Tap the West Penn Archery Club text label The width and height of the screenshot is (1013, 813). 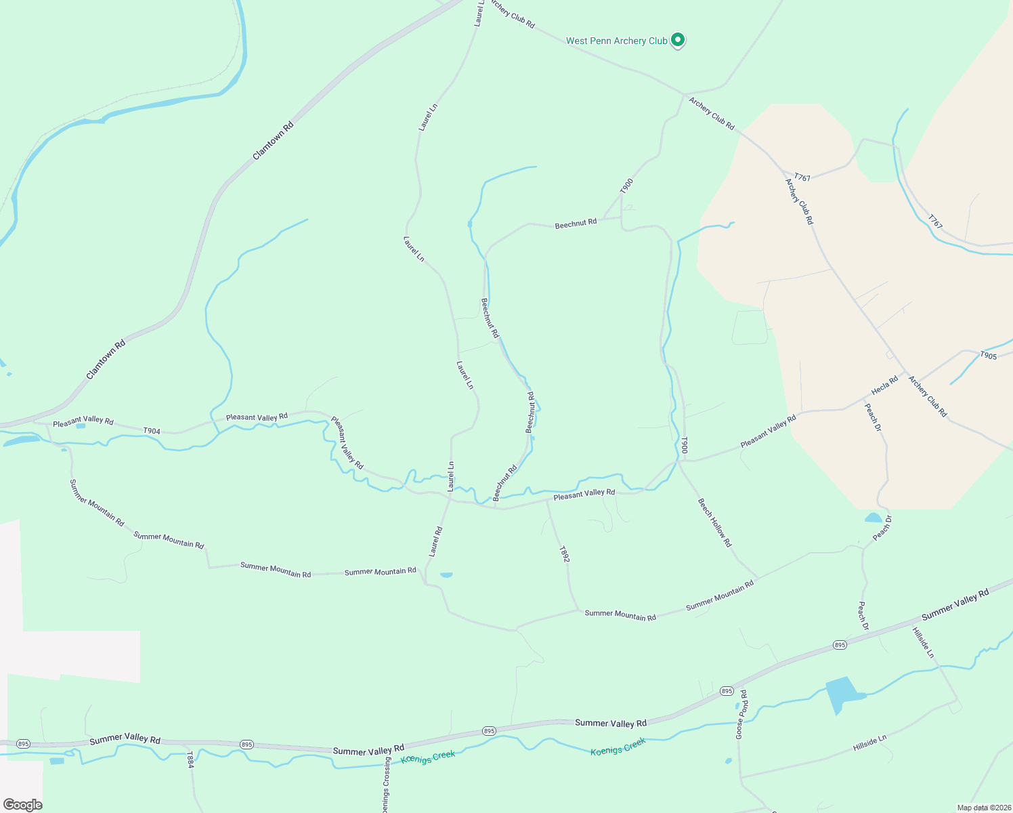[x=616, y=41]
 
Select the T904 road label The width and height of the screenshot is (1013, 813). [x=152, y=431]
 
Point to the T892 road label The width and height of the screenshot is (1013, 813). [x=565, y=554]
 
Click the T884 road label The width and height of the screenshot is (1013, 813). [x=190, y=759]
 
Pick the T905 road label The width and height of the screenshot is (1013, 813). [x=989, y=356]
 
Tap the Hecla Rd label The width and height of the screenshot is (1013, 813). [x=884, y=385]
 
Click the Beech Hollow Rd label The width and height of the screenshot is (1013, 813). [x=715, y=523]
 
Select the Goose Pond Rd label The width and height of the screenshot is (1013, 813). [x=743, y=715]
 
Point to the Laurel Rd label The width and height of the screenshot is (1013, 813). [x=435, y=542]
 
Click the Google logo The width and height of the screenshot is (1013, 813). [x=22, y=805]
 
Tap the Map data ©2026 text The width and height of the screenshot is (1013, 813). [x=983, y=808]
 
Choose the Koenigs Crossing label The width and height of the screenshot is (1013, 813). [x=385, y=786]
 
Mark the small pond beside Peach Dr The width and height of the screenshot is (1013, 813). [x=873, y=518]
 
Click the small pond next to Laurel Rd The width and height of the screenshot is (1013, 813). [x=446, y=575]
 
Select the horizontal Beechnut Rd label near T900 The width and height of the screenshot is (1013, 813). [x=576, y=223]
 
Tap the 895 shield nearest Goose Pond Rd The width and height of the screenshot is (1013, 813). [x=727, y=691]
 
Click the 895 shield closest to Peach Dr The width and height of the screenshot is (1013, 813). [x=840, y=645]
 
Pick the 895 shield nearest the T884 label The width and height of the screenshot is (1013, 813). [x=246, y=745]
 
